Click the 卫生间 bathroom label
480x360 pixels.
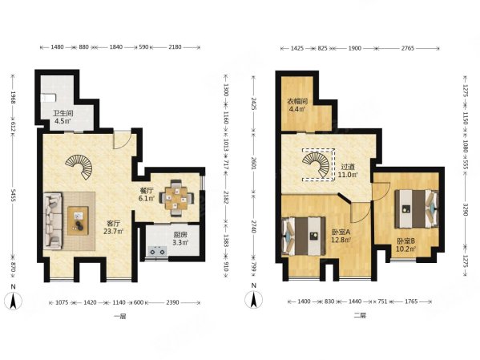63,113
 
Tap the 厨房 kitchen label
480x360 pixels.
180,235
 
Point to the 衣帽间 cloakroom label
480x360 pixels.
297,101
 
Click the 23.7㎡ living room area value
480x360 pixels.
113,231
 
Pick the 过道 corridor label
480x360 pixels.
348,168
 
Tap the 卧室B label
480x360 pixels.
406,241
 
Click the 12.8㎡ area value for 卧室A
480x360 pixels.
341,240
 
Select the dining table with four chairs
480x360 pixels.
176,198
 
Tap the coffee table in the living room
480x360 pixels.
78,220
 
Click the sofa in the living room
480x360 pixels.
53,220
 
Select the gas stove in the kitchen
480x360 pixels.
157,251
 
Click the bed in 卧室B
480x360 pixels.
417,209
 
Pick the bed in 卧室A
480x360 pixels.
304,236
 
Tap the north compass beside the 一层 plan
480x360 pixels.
13,301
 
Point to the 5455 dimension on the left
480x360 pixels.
13,196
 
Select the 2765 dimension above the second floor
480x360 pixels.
408,48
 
